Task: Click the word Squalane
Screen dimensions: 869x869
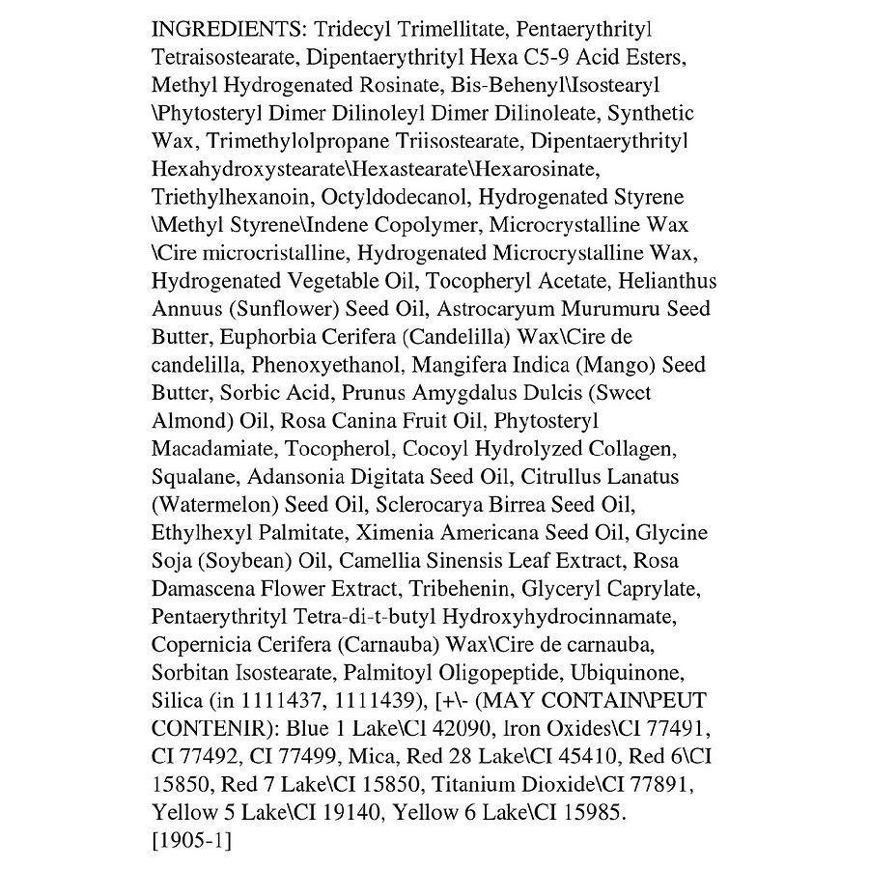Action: (193, 477)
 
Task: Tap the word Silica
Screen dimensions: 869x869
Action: (177, 700)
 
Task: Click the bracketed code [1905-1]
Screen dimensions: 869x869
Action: (191, 840)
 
